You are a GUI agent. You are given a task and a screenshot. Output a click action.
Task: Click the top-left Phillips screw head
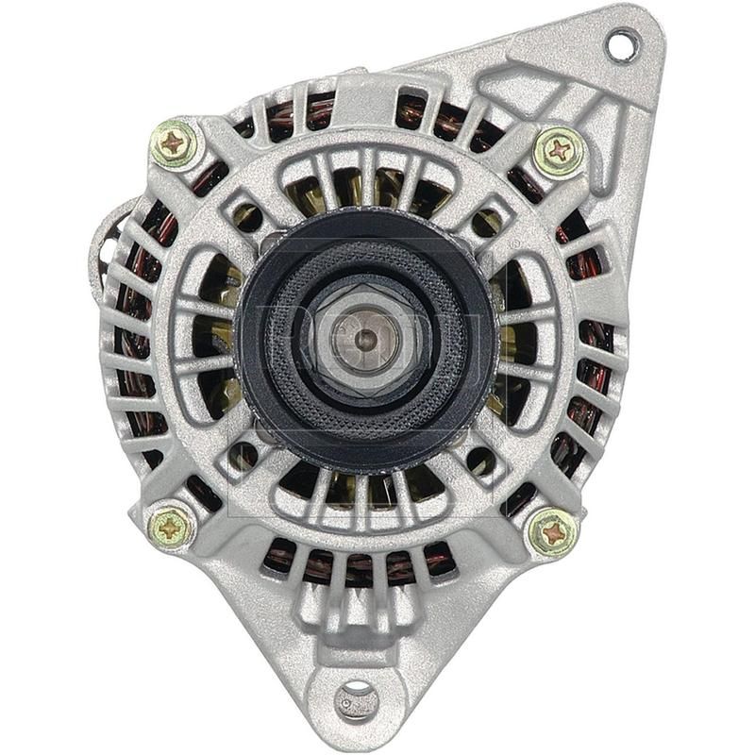click(x=176, y=144)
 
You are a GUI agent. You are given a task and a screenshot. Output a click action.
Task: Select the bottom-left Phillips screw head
click(x=172, y=528)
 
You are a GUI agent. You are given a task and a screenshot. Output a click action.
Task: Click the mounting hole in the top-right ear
click(x=620, y=44)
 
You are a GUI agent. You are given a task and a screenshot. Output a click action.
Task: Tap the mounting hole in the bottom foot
click(x=356, y=698)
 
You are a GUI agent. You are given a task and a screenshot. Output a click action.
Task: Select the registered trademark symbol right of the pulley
click(x=514, y=244)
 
